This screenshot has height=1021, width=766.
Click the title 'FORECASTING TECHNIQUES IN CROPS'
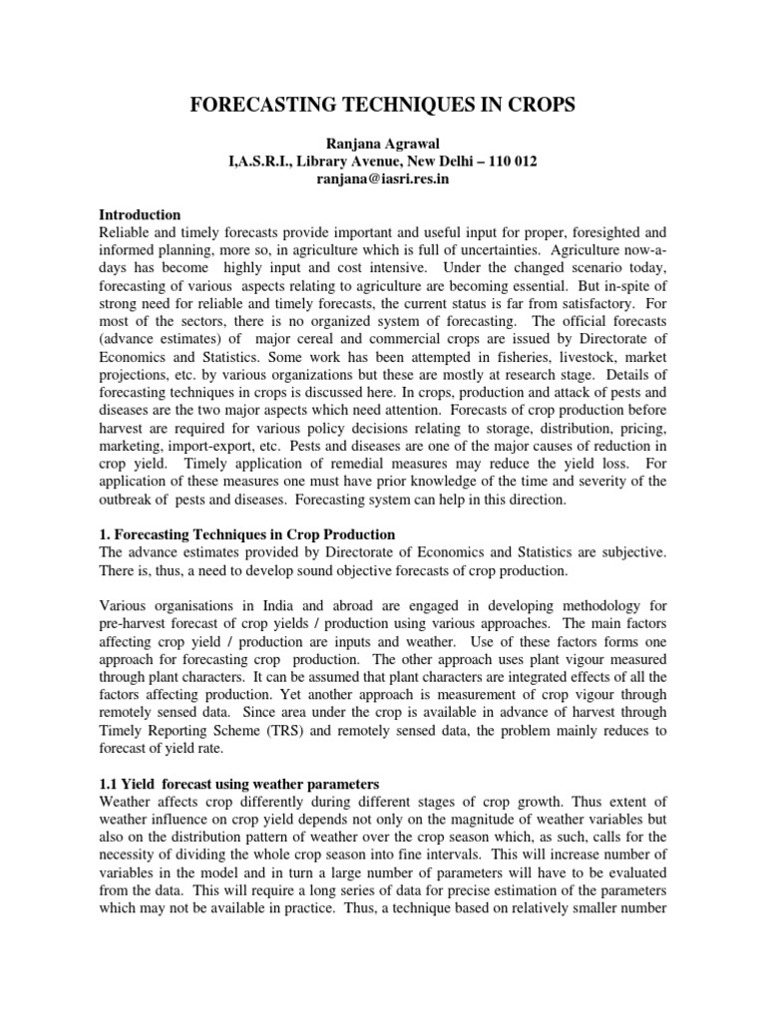coord(382,107)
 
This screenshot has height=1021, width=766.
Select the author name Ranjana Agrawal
coord(383,143)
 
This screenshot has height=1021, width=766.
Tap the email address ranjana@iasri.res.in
coord(383,178)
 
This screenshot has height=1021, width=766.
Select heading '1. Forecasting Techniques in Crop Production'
coord(247,534)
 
